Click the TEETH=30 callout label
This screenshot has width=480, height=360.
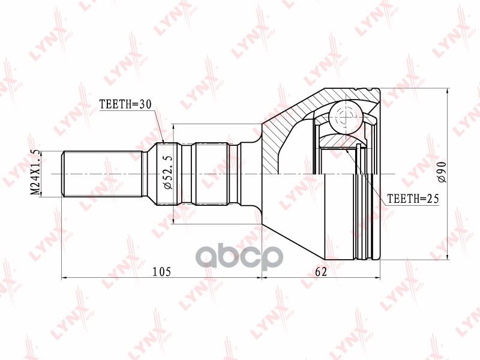[x=124, y=104]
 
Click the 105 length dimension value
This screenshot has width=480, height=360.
[x=162, y=272]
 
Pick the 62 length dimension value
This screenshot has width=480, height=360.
[x=321, y=272]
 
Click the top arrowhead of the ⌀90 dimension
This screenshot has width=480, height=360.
[x=448, y=91]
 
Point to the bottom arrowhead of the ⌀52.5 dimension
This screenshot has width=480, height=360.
[x=174, y=221]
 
